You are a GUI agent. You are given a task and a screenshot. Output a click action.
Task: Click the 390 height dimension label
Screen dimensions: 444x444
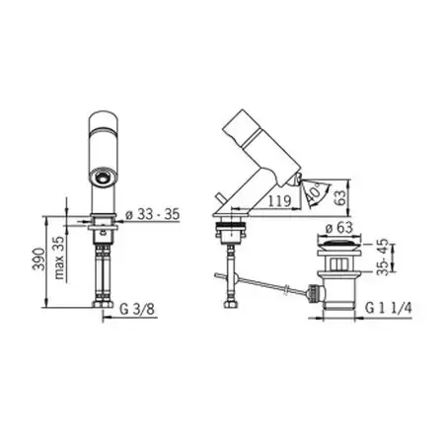pos(38,259)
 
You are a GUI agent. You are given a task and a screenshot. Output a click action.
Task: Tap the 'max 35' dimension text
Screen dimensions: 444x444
pos(59,258)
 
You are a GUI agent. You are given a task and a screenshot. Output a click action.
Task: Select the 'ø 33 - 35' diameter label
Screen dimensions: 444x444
pos(153,214)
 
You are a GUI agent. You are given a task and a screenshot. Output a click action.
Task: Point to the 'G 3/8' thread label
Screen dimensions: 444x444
pos(137,309)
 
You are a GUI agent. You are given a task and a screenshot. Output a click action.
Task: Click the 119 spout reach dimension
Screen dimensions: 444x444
pos(279,200)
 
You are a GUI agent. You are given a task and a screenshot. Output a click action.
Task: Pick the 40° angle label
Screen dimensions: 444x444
pos(314,193)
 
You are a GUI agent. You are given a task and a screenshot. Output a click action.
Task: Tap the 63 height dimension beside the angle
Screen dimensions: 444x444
pos(341,196)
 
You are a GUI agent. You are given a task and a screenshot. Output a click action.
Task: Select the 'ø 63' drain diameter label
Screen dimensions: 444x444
pos(338,228)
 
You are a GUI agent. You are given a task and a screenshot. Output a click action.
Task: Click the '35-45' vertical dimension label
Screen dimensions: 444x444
pos(383,258)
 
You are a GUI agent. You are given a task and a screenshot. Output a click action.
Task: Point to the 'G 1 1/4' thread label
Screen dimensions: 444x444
pos(389,308)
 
